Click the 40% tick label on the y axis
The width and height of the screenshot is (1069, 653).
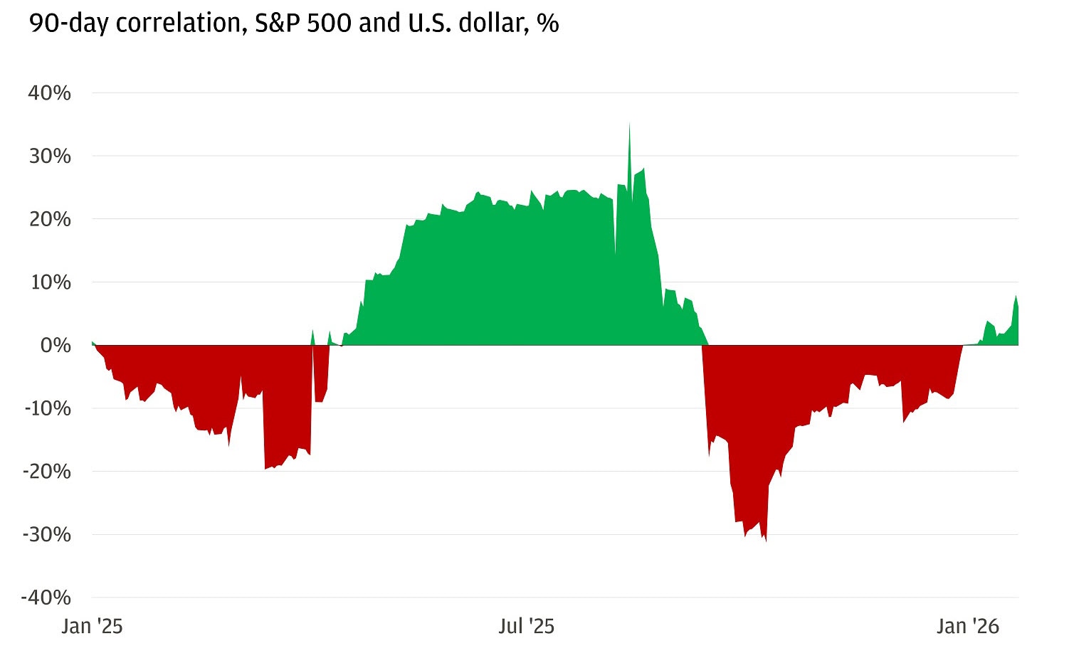pyautogui.click(x=49, y=93)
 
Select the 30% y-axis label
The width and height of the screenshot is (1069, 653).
pyautogui.click(x=49, y=156)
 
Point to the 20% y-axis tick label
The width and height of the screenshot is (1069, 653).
pyautogui.click(x=49, y=219)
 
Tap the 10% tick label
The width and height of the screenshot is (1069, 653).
pyautogui.click(x=49, y=282)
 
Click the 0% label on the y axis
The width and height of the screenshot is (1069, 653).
pyautogui.click(x=55, y=346)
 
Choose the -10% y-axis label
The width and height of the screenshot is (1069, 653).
pyautogui.click(x=46, y=408)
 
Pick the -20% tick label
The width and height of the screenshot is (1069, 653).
pyautogui.click(x=46, y=472)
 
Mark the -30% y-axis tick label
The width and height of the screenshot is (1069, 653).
pyautogui.click(x=46, y=534)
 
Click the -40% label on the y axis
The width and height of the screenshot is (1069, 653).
pyautogui.click(x=46, y=598)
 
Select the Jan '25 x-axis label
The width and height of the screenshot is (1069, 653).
pyautogui.click(x=92, y=627)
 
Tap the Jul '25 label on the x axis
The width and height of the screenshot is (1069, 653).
pyautogui.click(x=526, y=627)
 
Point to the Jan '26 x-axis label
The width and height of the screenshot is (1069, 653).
pyautogui.click(x=968, y=627)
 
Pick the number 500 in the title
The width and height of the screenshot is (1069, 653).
pyautogui.click(x=328, y=23)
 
